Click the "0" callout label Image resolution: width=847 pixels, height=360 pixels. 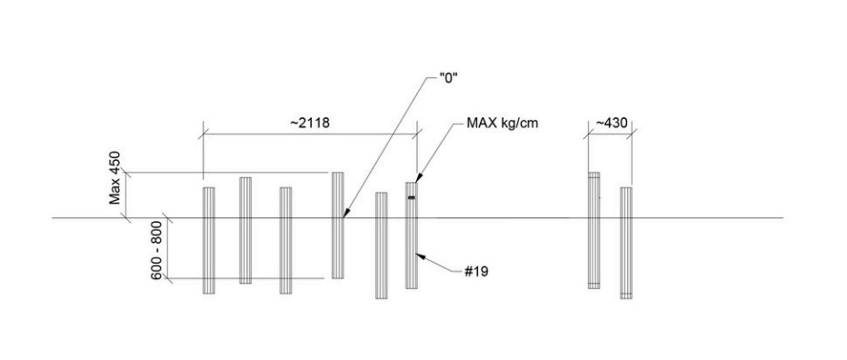[x=448, y=77]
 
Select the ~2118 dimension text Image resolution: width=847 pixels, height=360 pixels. [x=310, y=124]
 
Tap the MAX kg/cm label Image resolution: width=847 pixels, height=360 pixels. [x=503, y=124]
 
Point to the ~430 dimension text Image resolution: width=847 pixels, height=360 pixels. [x=612, y=124]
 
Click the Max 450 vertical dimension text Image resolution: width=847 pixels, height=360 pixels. [x=115, y=178]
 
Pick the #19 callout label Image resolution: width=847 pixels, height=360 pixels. [x=476, y=271]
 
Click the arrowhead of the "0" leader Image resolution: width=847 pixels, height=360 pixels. [x=345, y=213]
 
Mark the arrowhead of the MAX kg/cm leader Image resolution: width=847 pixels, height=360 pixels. [x=417, y=178]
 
